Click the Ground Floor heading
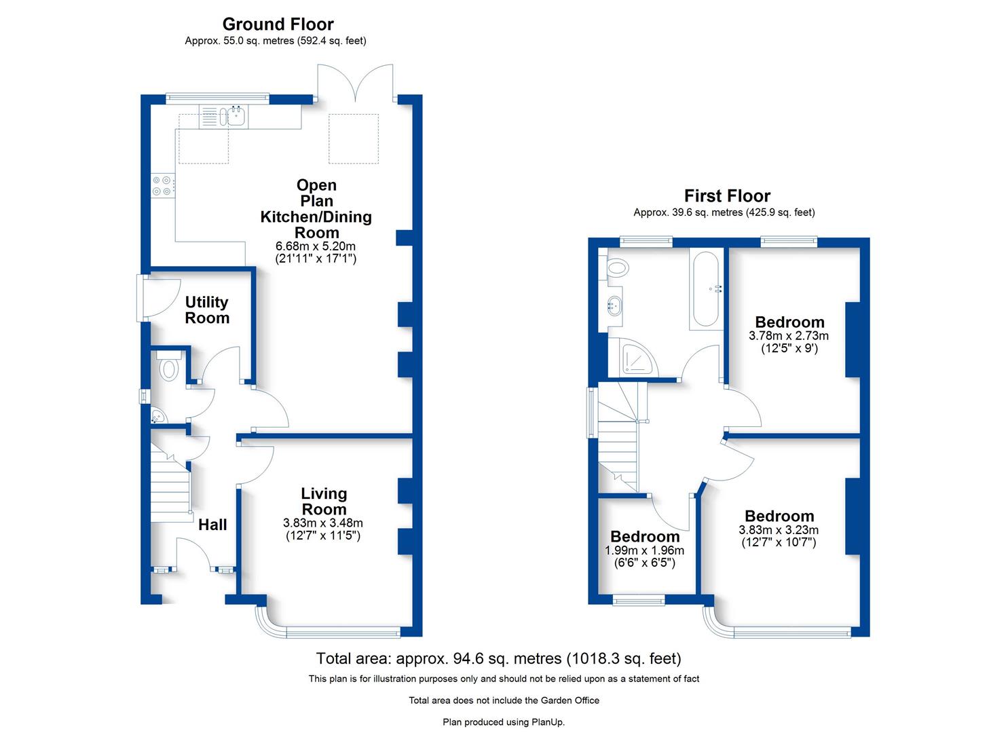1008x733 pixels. click(x=278, y=24)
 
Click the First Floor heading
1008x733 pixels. click(x=727, y=196)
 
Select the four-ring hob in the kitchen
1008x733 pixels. click(x=162, y=186)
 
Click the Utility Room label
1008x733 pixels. click(x=207, y=310)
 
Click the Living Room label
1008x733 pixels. click(x=324, y=502)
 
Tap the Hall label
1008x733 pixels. click(x=212, y=525)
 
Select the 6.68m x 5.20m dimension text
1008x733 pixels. click(x=316, y=246)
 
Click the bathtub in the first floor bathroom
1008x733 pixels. click(x=707, y=290)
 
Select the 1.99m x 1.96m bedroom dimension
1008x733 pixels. click(x=644, y=550)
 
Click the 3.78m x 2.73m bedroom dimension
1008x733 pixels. click(x=789, y=336)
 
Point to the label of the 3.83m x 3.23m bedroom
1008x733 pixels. click(x=779, y=516)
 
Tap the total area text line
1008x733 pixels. click(x=498, y=658)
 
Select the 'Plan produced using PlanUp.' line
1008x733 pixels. click(x=504, y=722)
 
